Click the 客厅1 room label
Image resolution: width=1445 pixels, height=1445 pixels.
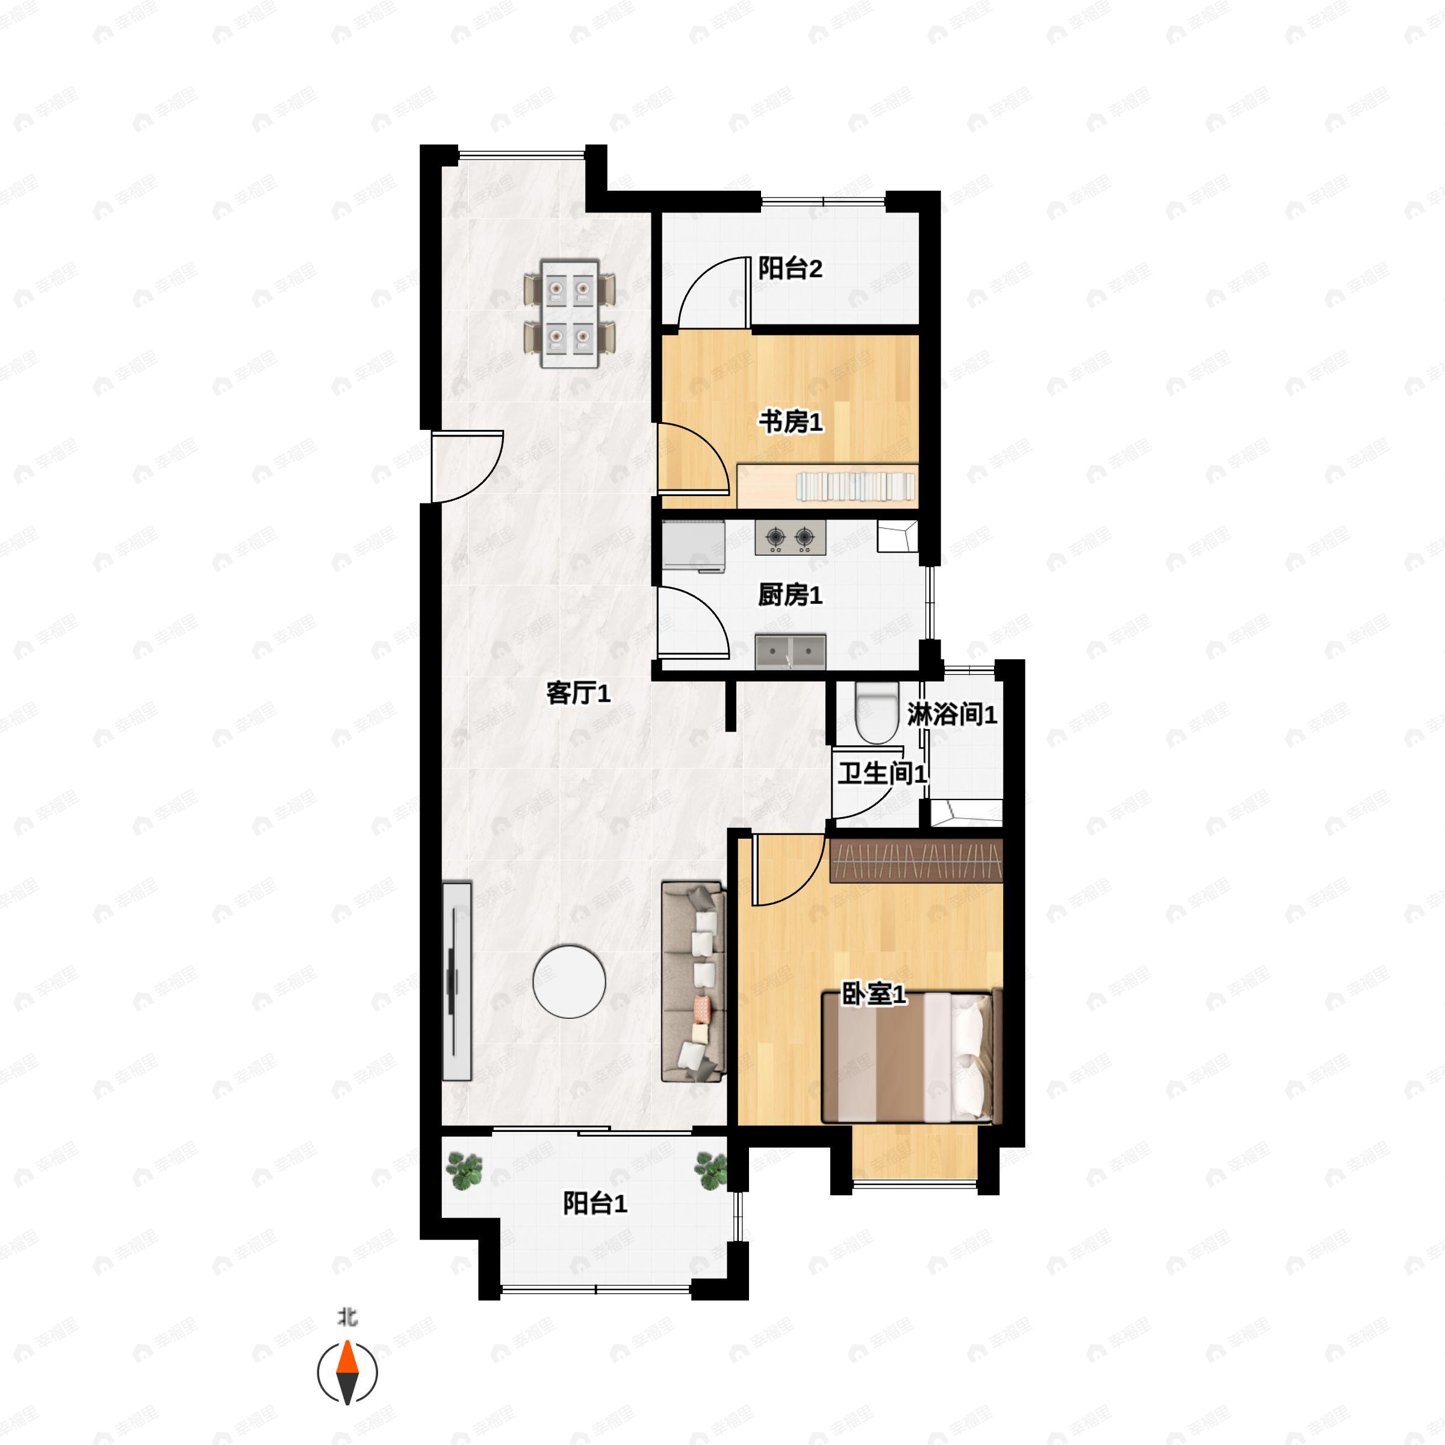point(578,694)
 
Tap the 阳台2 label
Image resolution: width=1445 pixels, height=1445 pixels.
point(790,269)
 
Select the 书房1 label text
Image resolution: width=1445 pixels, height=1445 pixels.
point(791,423)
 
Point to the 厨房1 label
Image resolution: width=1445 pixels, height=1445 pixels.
point(790,595)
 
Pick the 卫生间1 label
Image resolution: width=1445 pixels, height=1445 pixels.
point(882,773)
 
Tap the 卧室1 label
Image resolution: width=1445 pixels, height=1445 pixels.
point(874,995)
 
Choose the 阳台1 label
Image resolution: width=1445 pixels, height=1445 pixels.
point(595,1204)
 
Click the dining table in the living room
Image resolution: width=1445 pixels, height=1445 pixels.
point(570,314)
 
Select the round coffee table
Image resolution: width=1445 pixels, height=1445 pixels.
point(569,981)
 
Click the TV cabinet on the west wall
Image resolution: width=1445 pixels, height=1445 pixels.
point(456,981)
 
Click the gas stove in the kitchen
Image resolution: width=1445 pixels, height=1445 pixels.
point(790,538)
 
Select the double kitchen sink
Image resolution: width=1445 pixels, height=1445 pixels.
point(790,651)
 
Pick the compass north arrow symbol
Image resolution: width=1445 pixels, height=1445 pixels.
point(347,1373)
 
